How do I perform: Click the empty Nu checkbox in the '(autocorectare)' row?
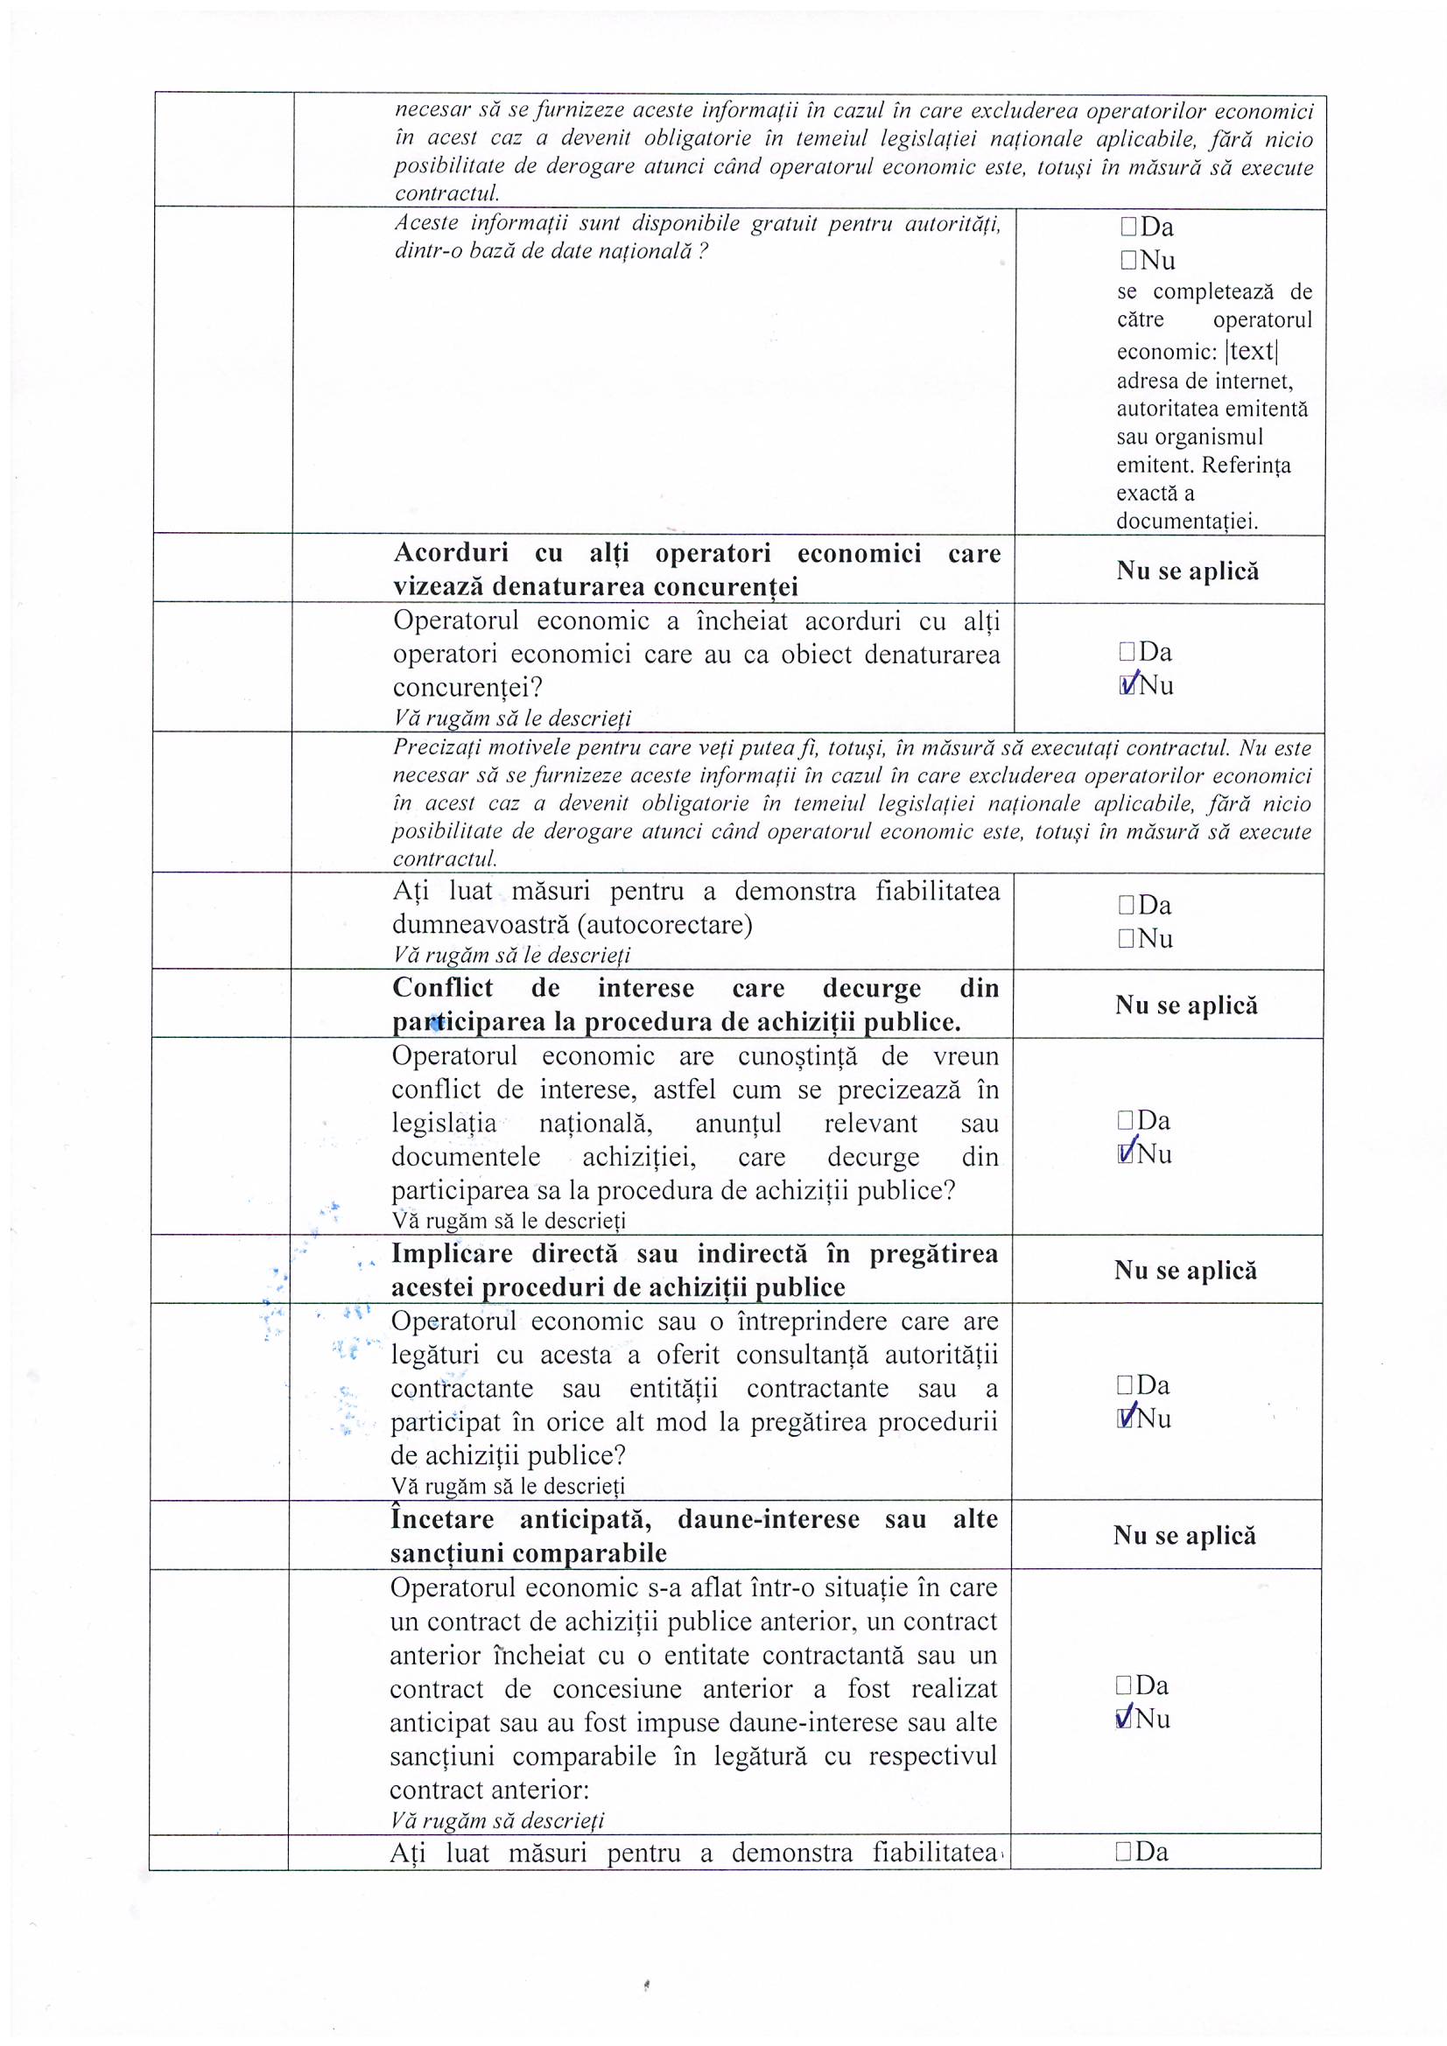[1127, 938]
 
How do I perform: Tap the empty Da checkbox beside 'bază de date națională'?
[1129, 228]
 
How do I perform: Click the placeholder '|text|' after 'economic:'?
[1253, 352]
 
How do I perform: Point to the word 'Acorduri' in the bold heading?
[450, 553]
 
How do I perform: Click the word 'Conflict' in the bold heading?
[442, 988]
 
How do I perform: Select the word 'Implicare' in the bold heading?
[453, 1254]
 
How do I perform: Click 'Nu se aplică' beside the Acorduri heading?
[1187, 571]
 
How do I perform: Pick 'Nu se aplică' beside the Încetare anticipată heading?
[1184, 1536]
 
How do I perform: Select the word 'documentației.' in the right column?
[1187, 522]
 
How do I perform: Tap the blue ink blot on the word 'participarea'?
[436, 1024]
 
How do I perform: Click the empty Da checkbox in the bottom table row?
[1123, 1853]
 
